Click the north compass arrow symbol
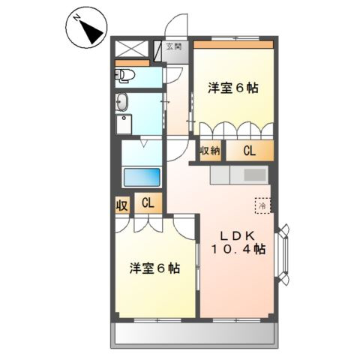click(x=88, y=28)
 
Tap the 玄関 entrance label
click(x=173, y=47)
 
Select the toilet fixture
click(x=125, y=74)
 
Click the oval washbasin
click(x=124, y=103)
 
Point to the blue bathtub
click(x=142, y=178)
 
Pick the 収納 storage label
click(x=209, y=151)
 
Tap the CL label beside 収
click(x=148, y=202)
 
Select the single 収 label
click(x=121, y=203)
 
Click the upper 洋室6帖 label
click(x=233, y=88)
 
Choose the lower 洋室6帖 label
click(x=154, y=268)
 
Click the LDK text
click(x=236, y=234)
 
